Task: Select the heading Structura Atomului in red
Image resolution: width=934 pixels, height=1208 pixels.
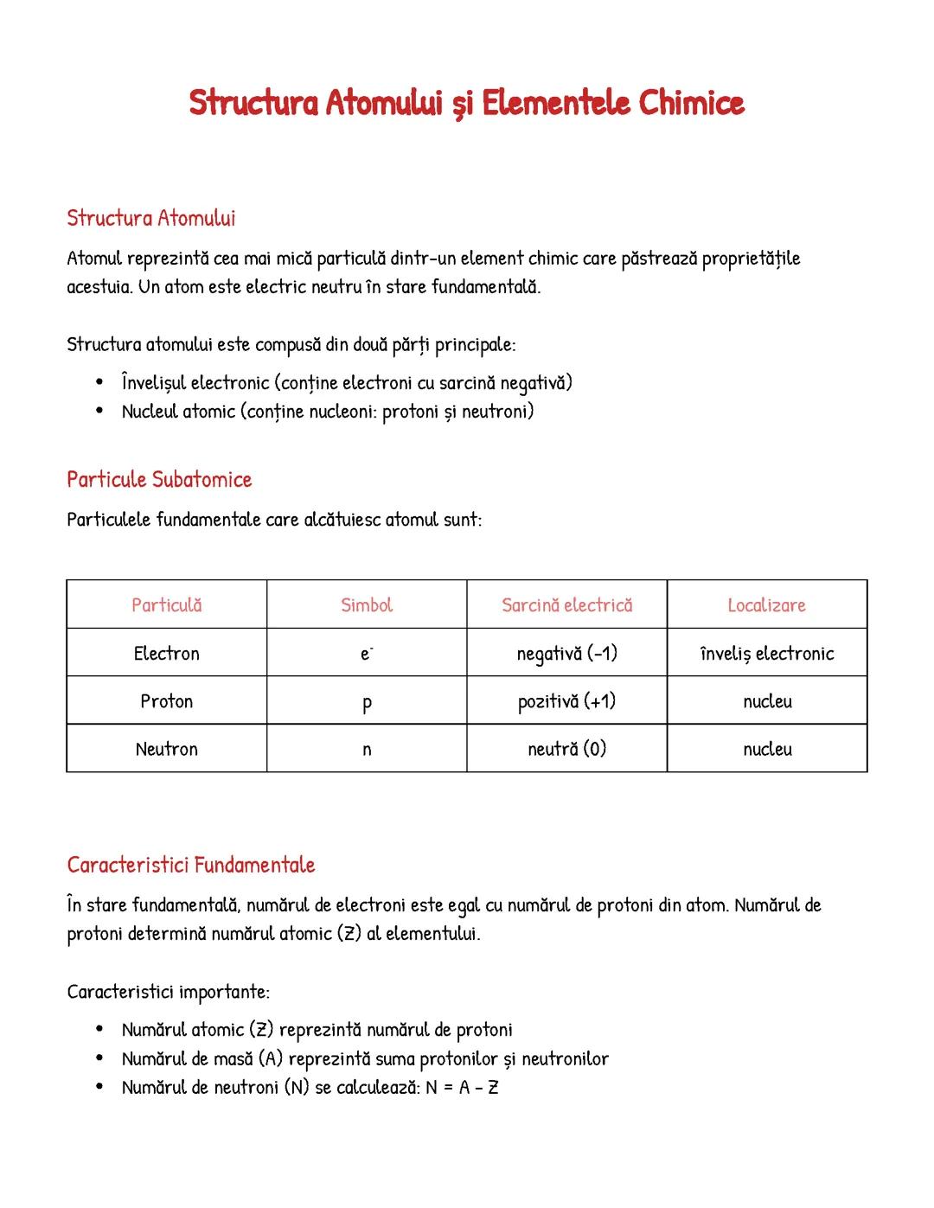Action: [x=151, y=218]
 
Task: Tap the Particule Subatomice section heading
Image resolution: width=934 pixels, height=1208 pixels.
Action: [x=159, y=480]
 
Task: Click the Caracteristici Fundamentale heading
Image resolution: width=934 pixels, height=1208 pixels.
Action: [x=191, y=865]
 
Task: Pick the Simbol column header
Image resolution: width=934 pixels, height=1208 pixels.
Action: [x=367, y=605]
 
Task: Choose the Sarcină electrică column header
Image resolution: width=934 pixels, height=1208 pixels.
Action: [x=566, y=605]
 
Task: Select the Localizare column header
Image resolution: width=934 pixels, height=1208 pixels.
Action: [x=766, y=605]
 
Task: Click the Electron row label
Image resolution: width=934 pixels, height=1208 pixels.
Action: [x=166, y=654]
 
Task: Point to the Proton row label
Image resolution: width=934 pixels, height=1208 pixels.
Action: [x=166, y=701]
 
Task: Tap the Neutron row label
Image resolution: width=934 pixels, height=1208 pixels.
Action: [x=166, y=749]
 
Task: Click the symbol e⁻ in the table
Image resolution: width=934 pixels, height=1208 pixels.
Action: [x=367, y=654]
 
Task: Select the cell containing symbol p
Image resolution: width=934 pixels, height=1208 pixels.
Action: [x=367, y=702]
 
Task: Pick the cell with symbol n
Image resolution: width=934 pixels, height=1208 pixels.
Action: [x=367, y=750]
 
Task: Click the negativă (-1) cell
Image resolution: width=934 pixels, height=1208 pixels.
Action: [x=566, y=654]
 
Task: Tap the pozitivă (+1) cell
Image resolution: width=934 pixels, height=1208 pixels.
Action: [x=566, y=701]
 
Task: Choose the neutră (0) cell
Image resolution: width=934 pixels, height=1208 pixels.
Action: [x=566, y=749]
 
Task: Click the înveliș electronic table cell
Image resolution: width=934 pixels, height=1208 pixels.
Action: [x=767, y=654]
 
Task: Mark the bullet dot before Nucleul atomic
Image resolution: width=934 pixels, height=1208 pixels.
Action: [x=100, y=412]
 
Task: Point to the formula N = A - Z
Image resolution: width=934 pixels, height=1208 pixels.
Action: [x=462, y=1088]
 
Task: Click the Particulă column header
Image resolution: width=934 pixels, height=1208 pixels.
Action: [x=166, y=605]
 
